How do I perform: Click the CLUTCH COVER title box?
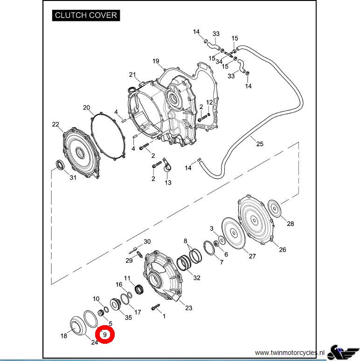[85, 15]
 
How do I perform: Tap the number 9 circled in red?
[105, 334]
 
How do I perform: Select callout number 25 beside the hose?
[260, 144]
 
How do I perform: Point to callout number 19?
[156, 61]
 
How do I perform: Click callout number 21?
[132, 75]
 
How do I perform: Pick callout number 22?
[56, 124]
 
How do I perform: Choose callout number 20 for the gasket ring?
[86, 108]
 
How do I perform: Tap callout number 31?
[73, 177]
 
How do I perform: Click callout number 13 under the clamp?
[168, 183]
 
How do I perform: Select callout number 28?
[291, 224]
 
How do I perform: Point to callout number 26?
[283, 250]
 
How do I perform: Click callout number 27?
[252, 256]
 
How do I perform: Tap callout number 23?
[188, 308]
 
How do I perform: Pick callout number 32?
[197, 278]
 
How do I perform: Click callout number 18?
[64, 336]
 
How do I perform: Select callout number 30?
[147, 242]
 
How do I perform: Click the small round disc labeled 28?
[275, 208]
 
